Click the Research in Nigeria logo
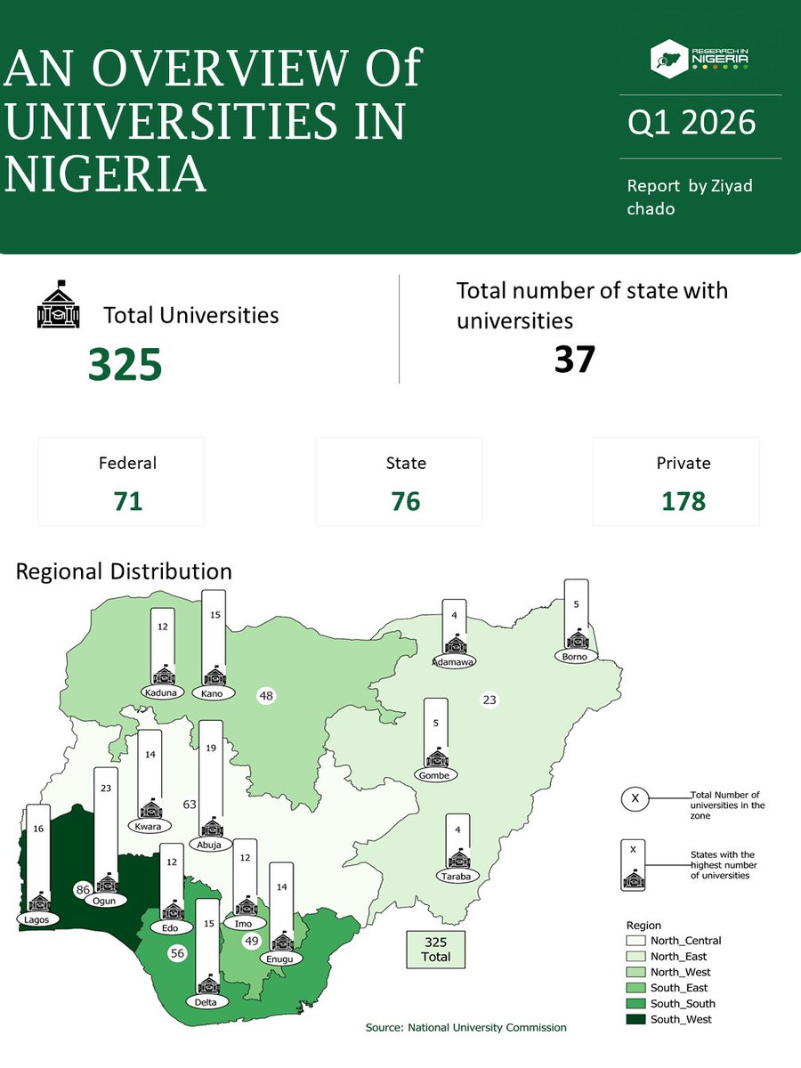(699, 56)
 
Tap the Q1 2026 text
(692, 123)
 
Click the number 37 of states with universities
(574, 359)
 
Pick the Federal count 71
(128, 502)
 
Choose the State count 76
(405, 502)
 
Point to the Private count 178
(684, 502)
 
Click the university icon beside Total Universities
(58, 305)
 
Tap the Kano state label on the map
(213, 692)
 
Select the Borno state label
(574, 657)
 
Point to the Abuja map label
(211, 845)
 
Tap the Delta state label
(208, 1001)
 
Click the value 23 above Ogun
(106, 788)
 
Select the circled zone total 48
(265, 695)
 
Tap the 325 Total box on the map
(436, 949)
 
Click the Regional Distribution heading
(124, 570)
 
